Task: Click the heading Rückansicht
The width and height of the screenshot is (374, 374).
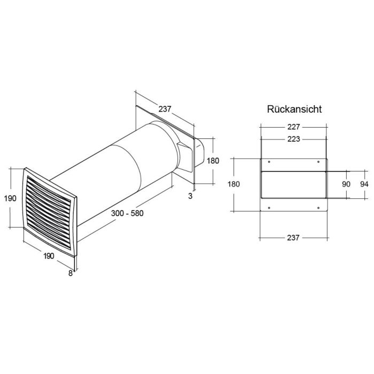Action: [x=294, y=109]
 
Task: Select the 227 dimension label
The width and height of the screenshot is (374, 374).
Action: [x=293, y=127]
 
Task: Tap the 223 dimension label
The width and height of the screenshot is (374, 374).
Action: [x=293, y=139]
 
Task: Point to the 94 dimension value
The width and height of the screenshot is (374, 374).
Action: [x=364, y=184]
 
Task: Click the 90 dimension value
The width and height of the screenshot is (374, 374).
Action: [x=346, y=184]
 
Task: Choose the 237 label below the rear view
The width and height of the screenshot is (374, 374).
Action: [x=293, y=238]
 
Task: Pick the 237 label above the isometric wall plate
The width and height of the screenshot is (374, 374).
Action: [x=165, y=109]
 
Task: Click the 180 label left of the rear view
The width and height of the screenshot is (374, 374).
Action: [x=234, y=184]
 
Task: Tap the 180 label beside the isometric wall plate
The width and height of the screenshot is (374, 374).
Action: [x=213, y=161]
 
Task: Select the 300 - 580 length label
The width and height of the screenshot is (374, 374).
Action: [x=127, y=213]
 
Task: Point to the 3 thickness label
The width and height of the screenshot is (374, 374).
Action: [x=190, y=196]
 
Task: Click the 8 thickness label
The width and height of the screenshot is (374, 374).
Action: [x=71, y=274]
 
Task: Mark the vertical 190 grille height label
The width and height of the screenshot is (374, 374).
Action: [x=10, y=198]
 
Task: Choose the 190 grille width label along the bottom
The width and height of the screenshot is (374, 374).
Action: [x=49, y=256]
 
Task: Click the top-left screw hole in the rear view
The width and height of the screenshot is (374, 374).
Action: [x=269, y=162]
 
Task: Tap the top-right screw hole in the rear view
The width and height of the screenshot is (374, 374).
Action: [x=318, y=162]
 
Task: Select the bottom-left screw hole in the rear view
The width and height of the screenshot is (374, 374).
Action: [x=269, y=208]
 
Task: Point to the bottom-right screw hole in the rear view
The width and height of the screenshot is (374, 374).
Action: [x=318, y=208]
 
